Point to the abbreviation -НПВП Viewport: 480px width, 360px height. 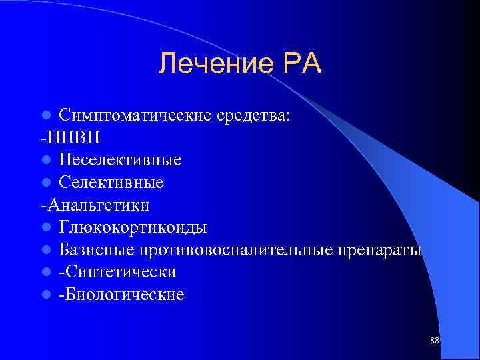(x=71, y=137)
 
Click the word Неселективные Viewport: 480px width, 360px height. (x=120, y=160)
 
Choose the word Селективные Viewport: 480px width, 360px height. (x=111, y=182)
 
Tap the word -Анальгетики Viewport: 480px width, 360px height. (x=94, y=205)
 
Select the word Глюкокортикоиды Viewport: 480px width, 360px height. (x=133, y=227)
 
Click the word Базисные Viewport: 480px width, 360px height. (x=97, y=250)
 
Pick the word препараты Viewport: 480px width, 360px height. (x=381, y=250)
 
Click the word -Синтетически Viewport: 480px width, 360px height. (x=117, y=272)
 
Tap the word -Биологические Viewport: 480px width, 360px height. (x=121, y=295)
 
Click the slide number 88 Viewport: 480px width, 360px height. (x=435, y=341)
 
